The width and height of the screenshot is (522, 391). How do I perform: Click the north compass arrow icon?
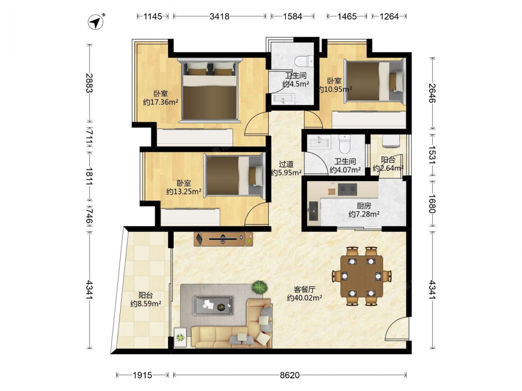96,22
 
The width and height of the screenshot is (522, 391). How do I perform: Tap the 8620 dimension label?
290,375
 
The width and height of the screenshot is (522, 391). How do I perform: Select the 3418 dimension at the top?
219,16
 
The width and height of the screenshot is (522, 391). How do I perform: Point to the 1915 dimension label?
143,375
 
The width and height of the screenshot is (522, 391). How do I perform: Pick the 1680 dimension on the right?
432,203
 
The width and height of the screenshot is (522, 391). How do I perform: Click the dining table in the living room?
362,276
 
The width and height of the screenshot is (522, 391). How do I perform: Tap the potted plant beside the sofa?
259,287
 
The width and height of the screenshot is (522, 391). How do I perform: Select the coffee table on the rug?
213,305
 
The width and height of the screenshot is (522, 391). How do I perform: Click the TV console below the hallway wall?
223,239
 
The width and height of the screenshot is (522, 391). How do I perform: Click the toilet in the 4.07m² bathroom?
345,144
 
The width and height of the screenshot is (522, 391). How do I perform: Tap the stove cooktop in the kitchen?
347,189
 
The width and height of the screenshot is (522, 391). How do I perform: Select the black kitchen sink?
313,211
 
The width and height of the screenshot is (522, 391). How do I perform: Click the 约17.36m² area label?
160,102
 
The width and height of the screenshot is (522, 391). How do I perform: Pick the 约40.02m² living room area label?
304,298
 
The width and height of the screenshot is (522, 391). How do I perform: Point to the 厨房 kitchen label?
364,206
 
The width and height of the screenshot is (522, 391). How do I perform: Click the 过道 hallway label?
286,164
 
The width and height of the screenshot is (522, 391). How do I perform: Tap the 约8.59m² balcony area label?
146,303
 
